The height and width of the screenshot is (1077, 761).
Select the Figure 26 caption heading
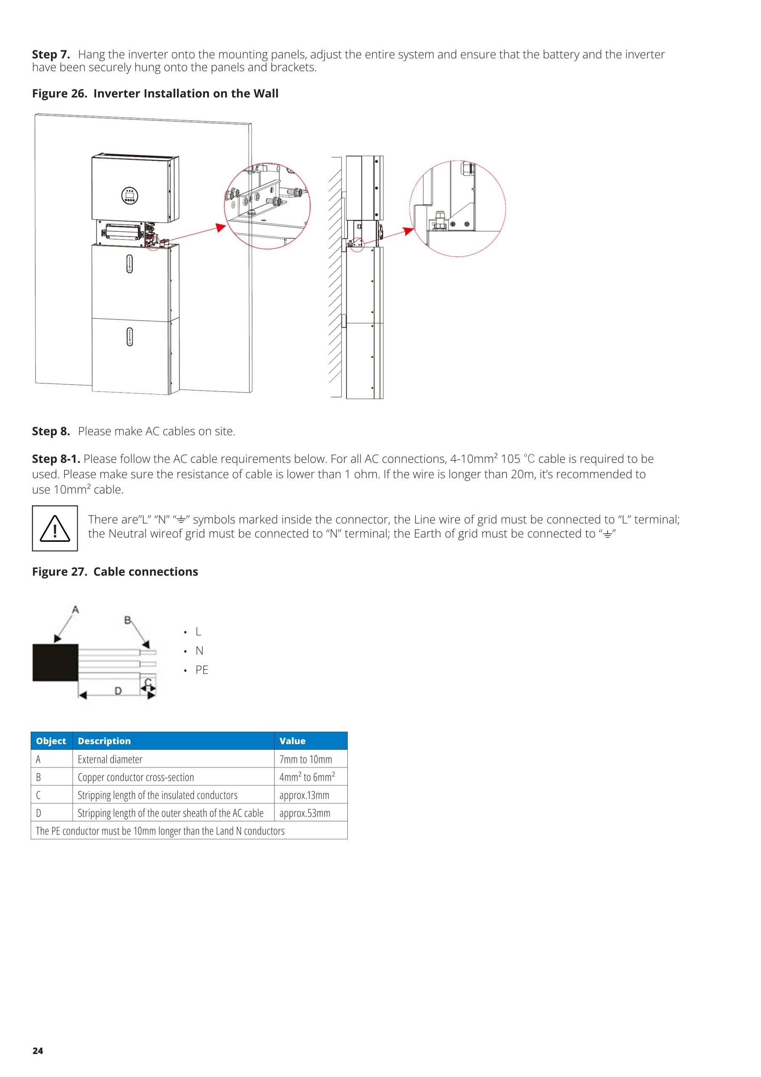pos(155,93)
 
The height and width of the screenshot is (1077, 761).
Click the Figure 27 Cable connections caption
pos(115,571)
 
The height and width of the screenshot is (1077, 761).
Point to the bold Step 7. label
pos(50,54)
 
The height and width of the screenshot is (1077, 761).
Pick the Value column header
pos(292,741)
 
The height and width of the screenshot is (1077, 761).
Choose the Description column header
pos(104,741)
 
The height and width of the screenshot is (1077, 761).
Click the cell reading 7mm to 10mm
pos(305,759)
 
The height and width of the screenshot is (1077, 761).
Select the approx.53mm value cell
pos(305,813)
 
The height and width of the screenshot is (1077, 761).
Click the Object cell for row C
pos(38,795)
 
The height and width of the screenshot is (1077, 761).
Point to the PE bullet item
pos(202,670)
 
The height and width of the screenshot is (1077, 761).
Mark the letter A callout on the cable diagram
pos(75,609)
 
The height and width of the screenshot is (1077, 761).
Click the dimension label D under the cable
pos(118,690)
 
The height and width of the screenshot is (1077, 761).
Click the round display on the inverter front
pos(129,196)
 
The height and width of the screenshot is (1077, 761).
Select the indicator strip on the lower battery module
pos(129,337)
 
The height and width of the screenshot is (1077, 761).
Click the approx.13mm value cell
pos(304,795)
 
